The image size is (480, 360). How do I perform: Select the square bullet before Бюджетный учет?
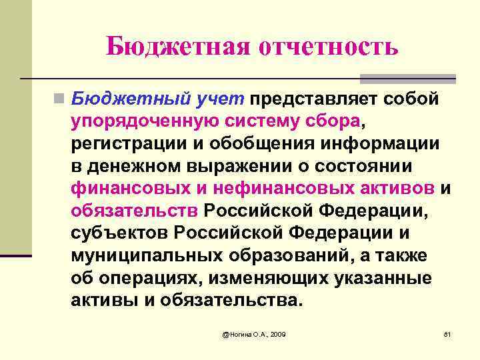60,99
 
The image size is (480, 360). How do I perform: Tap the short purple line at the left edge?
16,255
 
